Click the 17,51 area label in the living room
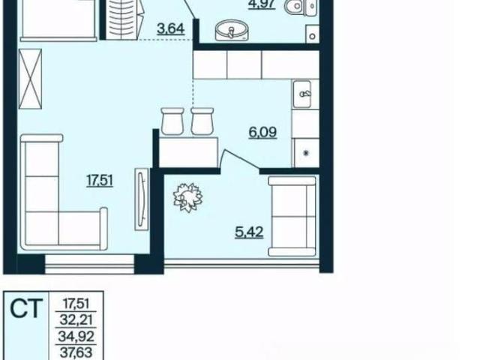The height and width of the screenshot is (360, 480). point(100,180)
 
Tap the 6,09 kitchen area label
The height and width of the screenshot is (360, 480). point(262,133)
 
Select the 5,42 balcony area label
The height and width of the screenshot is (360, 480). point(249,232)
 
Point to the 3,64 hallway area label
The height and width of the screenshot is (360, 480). point(170,29)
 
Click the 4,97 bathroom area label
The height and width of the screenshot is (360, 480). point(262,5)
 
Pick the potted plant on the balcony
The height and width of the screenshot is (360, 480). point(188,197)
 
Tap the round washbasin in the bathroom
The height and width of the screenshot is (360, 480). point(232,31)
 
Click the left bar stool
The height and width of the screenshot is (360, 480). point(172,121)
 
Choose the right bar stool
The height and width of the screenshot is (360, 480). point(202,121)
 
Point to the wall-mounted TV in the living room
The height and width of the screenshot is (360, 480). point(142,199)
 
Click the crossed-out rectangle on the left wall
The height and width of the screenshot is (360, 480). point(30,79)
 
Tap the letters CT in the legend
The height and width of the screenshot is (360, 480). point(25,308)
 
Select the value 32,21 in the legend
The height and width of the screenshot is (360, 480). point(76,320)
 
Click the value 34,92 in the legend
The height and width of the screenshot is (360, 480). point(76,337)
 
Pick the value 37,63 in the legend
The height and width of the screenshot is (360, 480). point(76,352)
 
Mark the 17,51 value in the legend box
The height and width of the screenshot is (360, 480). point(76,304)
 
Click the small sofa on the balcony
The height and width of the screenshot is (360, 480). point(292,216)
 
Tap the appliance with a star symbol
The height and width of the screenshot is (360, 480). point(305,153)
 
